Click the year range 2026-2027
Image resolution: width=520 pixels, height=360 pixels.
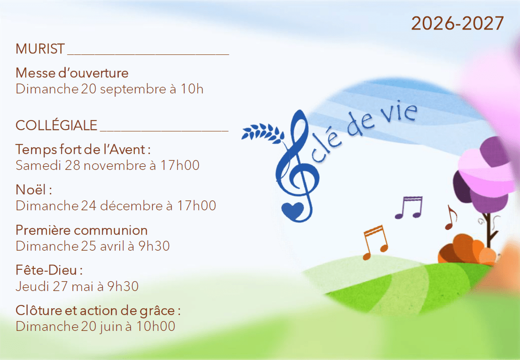[x=458, y=23]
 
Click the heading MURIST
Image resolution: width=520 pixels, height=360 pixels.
[x=40, y=49]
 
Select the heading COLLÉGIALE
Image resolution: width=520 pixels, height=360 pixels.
[x=56, y=125]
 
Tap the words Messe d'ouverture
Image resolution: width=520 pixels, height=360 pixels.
[x=72, y=73]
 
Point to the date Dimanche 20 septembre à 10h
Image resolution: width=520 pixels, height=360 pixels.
[x=109, y=89]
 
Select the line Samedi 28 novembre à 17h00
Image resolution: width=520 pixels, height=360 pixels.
[x=108, y=165]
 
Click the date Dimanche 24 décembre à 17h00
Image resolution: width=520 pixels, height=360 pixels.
[x=116, y=206]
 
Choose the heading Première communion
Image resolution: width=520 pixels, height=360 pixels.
[x=82, y=230]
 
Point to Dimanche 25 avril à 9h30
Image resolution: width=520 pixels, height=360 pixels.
[x=93, y=246]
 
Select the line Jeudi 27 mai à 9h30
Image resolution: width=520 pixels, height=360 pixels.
[x=77, y=286]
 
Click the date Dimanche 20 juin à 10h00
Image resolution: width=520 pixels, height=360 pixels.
[x=95, y=326]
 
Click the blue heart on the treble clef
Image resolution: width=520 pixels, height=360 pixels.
[x=293, y=210]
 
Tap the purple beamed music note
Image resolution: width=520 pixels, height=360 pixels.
[x=409, y=207]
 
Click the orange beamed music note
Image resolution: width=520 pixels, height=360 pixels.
[x=375, y=242]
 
